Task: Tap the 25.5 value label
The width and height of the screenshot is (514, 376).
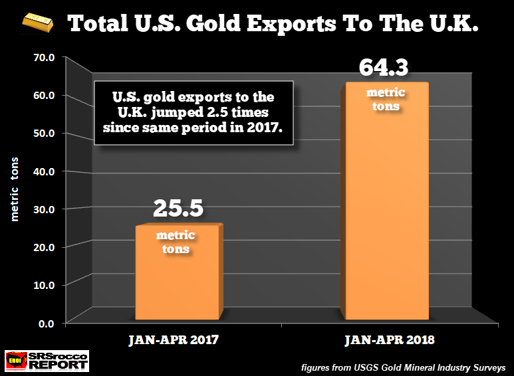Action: [x=178, y=208]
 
